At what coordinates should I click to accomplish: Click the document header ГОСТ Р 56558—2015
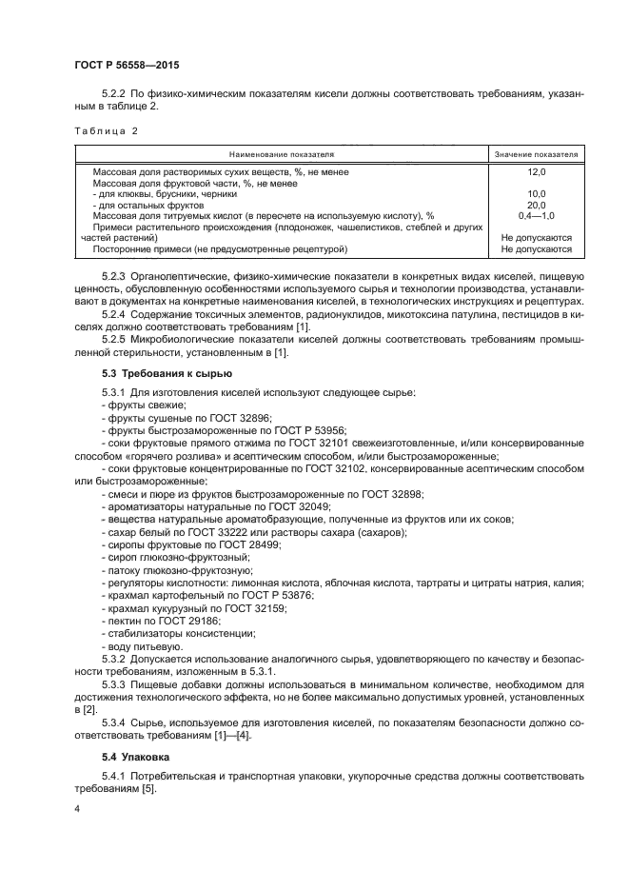(126, 65)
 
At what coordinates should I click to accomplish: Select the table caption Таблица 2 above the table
(105, 131)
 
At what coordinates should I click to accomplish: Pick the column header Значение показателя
(536, 152)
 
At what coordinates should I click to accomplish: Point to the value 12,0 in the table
(536, 171)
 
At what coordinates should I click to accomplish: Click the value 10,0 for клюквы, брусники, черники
(536, 193)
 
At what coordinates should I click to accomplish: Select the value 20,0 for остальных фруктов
(536, 205)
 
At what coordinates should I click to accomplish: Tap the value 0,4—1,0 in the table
(536, 216)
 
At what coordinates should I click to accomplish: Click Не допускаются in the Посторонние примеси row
(536, 248)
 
